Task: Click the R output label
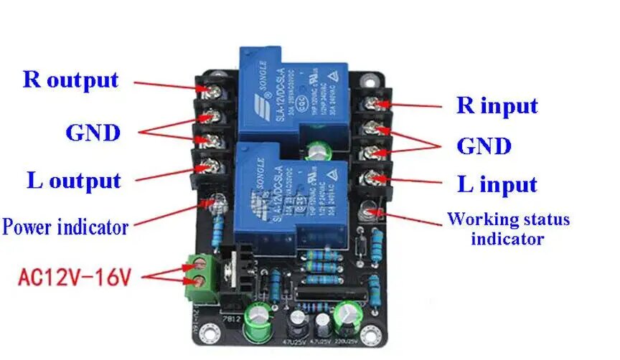(x=70, y=79)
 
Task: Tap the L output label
(x=74, y=180)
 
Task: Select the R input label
(x=497, y=106)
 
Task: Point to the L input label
(x=497, y=184)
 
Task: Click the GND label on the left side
(x=93, y=132)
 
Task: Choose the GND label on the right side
(x=484, y=146)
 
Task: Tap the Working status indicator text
(x=507, y=228)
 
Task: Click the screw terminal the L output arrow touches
(x=212, y=166)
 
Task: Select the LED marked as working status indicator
(x=371, y=212)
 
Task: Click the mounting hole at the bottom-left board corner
(x=209, y=333)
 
